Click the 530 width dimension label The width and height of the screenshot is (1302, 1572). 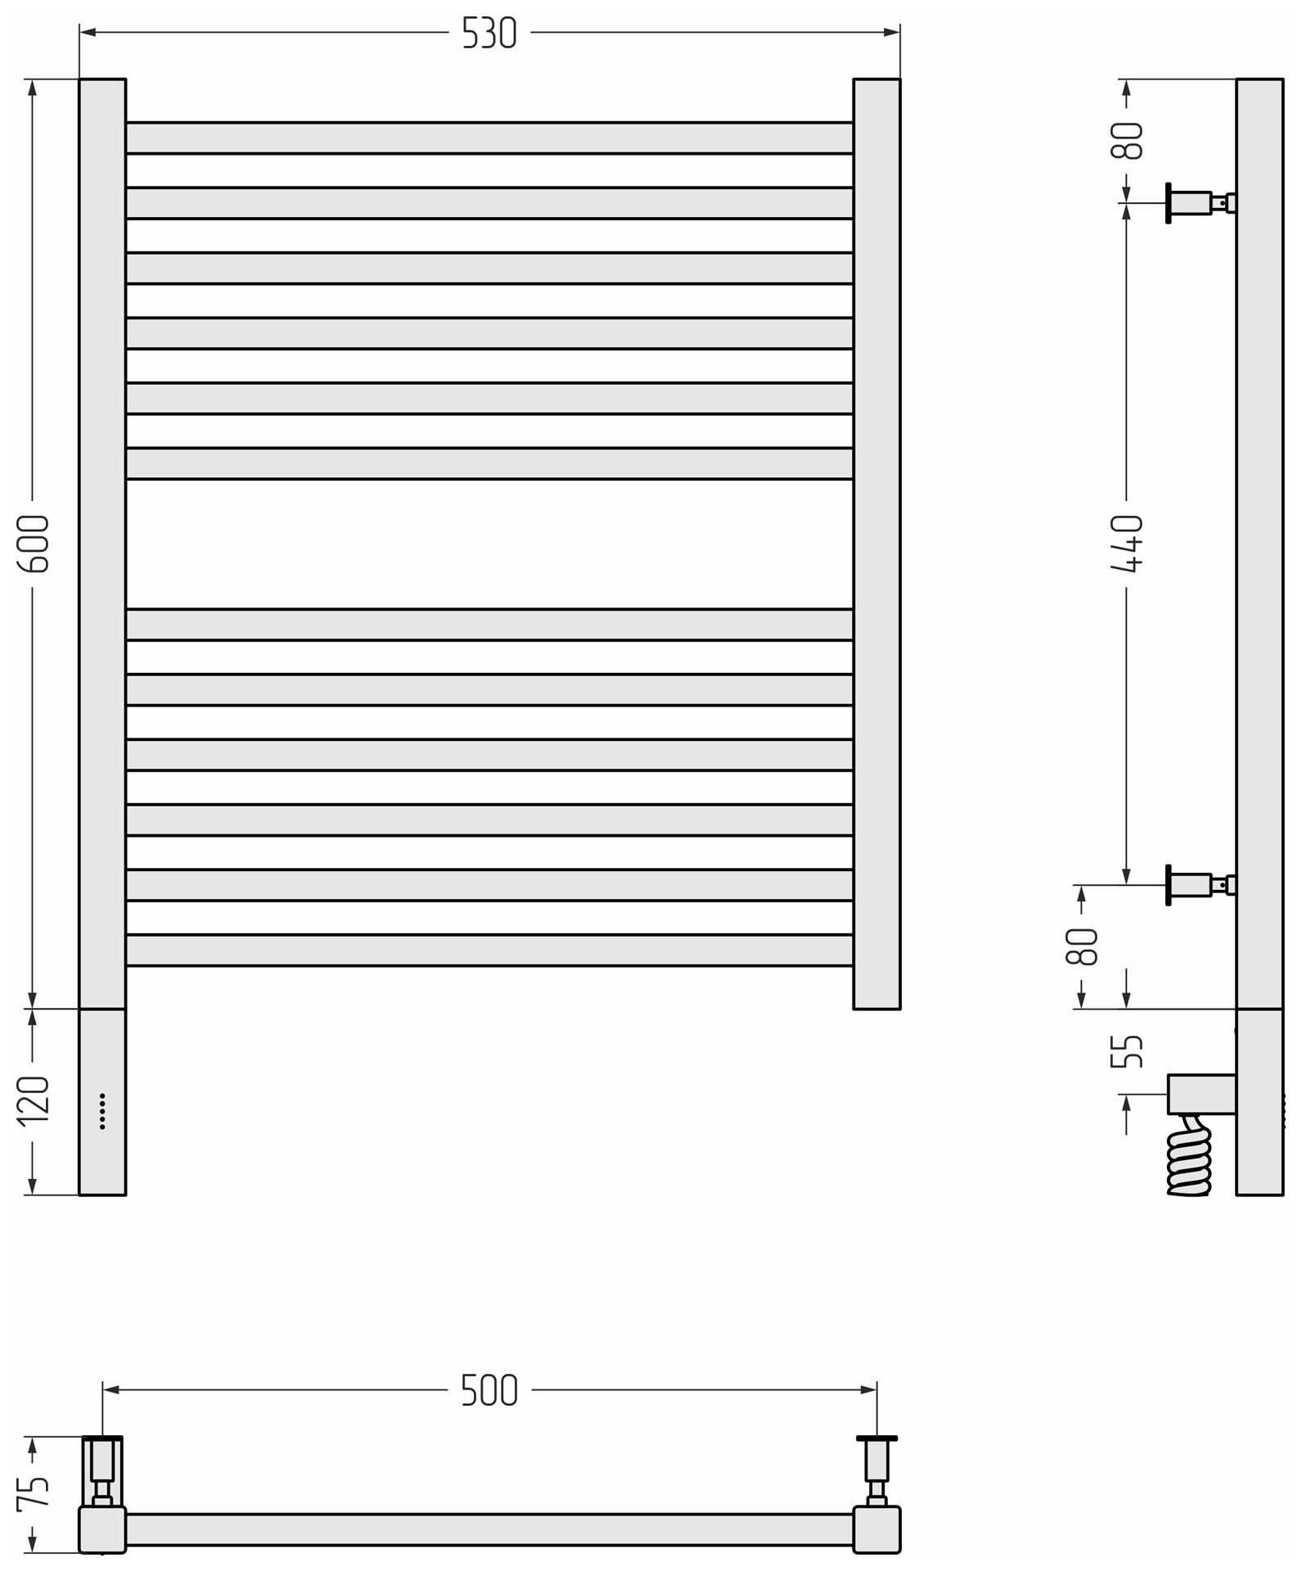(489, 33)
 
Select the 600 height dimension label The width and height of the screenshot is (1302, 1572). (34, 544)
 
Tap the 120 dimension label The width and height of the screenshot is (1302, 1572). (34, 1101)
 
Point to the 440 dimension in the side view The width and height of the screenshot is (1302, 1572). (1127, 544)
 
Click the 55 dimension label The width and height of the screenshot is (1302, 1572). (1127, 1051)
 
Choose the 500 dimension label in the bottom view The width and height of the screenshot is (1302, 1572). (489, 1390)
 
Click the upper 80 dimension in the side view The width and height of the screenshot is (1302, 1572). (1127, 140)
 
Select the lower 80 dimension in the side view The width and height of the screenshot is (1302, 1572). (1082, 946)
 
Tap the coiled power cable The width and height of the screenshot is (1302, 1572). (1189, 1155)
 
